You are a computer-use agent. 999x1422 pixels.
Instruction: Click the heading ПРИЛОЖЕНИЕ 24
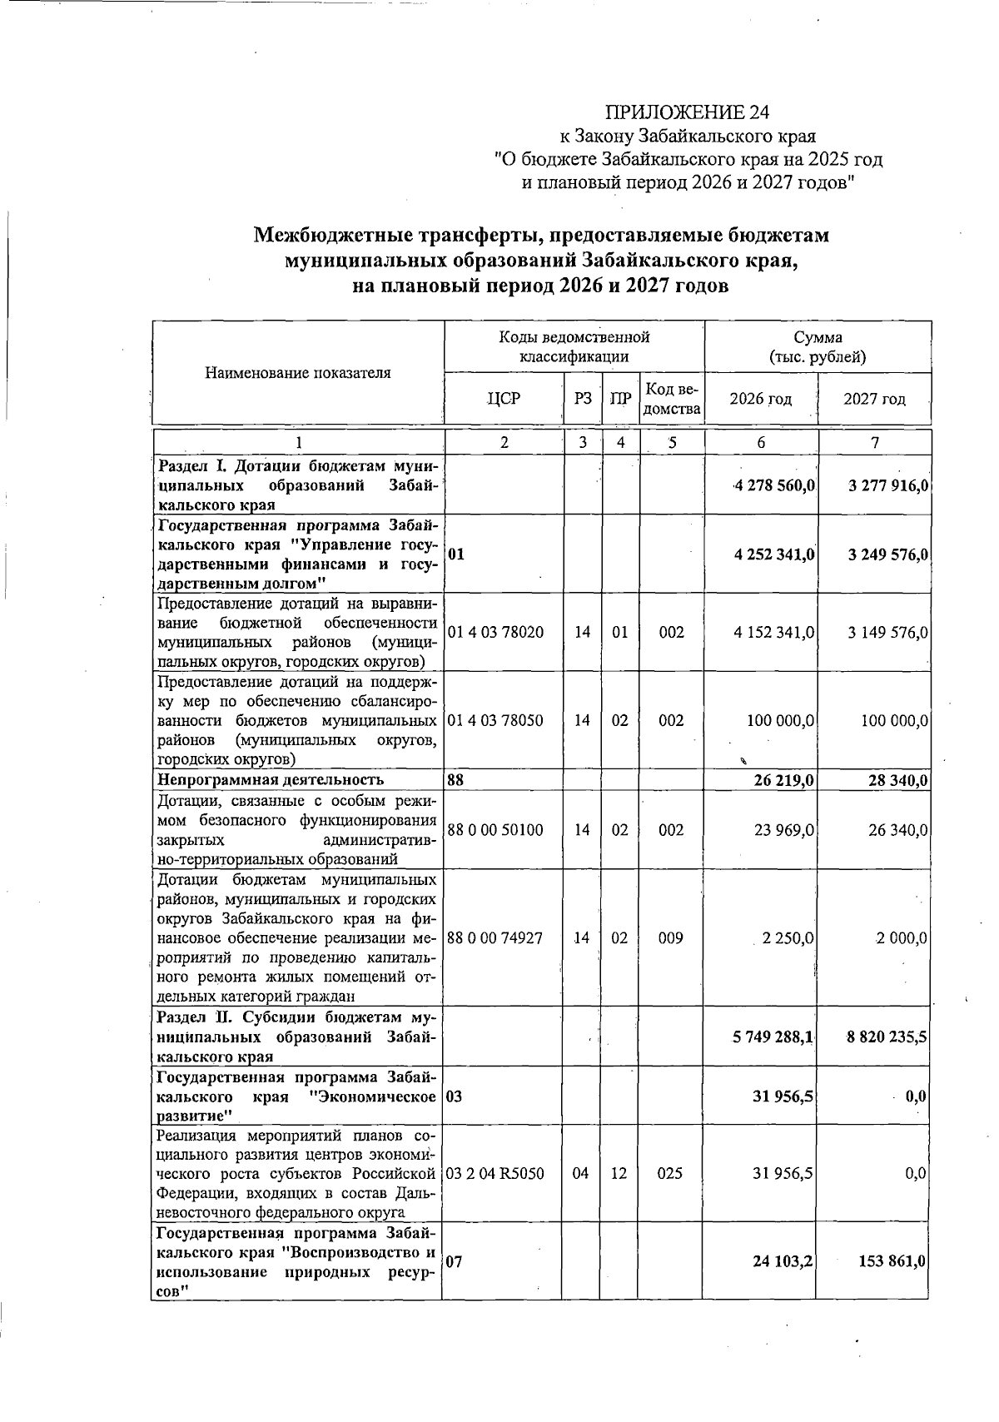(687, 112)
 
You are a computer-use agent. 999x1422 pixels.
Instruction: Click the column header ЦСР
(504, 399)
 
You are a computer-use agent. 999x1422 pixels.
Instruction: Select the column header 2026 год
(760, 399)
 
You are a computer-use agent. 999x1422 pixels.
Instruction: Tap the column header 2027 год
(874, 399)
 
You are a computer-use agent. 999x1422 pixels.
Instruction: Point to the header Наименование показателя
(297, 373)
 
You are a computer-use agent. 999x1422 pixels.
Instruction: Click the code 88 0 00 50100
(495, 830)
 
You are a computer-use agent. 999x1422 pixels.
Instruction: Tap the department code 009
(671, 938)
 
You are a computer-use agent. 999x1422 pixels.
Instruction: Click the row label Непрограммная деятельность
(271, 780)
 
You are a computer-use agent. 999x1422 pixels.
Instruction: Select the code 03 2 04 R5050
(495, 1174)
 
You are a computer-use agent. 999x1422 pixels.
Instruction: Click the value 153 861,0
(892, 1262)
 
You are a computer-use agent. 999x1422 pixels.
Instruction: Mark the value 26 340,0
(897, 830)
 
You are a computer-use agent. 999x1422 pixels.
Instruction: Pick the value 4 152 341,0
(773, 633)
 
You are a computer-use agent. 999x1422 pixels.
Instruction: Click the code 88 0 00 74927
(495, 938)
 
